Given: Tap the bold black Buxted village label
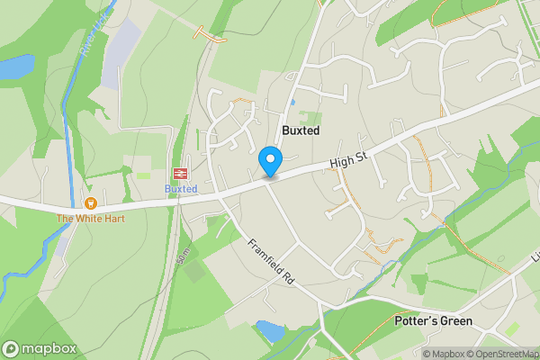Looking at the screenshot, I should (x=301, y=130).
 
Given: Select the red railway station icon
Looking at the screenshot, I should (x=180, y=173).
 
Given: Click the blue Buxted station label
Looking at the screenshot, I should (x=180, y=189).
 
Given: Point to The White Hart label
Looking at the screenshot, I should (x=90, y=218).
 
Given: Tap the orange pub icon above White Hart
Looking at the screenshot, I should (x=90, y=203).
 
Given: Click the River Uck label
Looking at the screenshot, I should (x=93, y=36).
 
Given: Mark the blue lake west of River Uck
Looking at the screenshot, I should (x=15, y=66).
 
